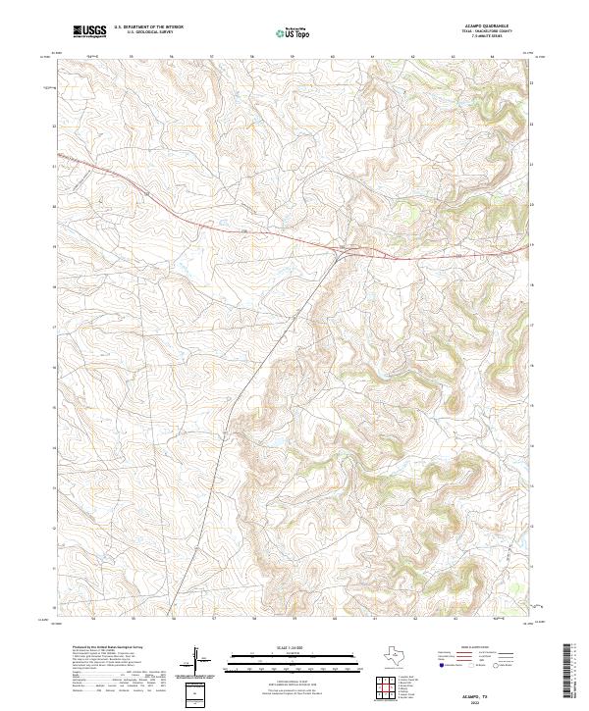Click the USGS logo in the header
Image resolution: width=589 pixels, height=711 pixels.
coord(89,31)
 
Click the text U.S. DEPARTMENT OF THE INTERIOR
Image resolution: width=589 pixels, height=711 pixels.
coord(148,27)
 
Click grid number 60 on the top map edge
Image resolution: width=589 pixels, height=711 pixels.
coord(334,56)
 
